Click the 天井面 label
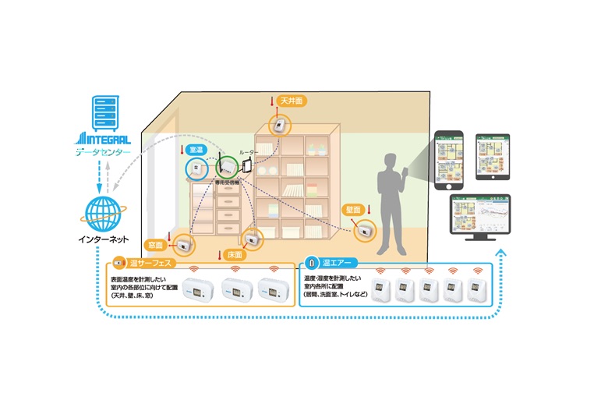click(x=292, y=101)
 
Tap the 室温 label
click(x=195, y=147)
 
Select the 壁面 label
click(x=352, y=209)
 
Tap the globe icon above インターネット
click(x=104, y=211)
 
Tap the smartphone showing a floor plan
click(x=447, y=160)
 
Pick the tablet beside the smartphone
click(x=492, y=156)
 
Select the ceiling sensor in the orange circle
click(x=278, y=126)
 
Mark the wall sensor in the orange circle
click(x=364, y=230)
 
